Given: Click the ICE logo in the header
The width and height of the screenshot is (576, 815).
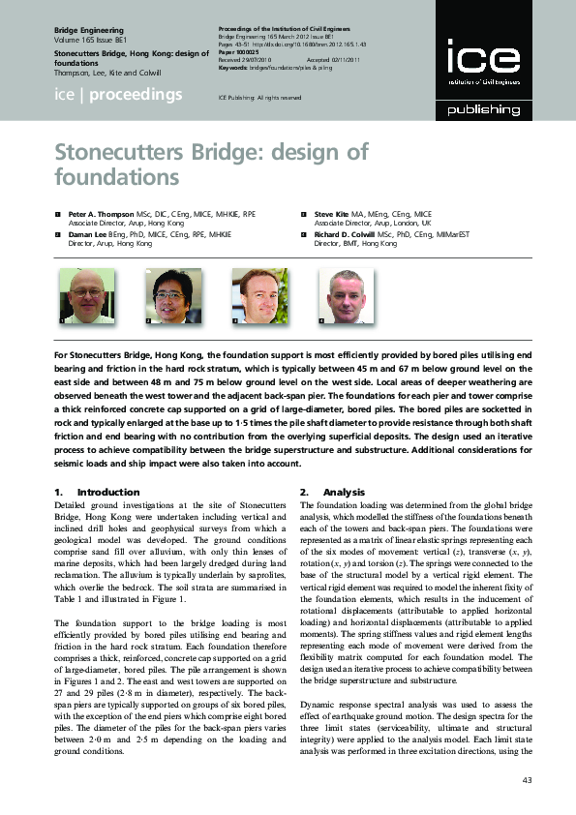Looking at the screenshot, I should tap(474, 60).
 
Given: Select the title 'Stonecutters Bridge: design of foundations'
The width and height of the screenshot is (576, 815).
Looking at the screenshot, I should tap(211, 165).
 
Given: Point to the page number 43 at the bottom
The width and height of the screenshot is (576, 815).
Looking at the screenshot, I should tap(527, 780).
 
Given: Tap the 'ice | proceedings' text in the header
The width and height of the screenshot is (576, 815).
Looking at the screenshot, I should tap(118, 94).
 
